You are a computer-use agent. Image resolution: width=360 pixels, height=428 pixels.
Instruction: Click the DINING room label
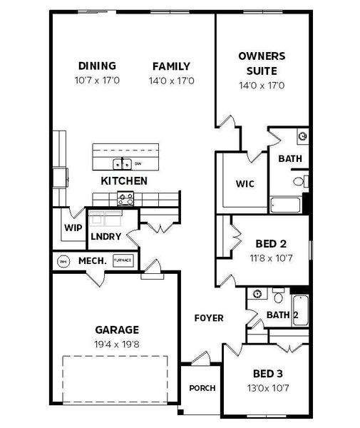[x=97, y=66]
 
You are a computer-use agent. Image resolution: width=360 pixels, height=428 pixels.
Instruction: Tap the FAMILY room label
[x=171, y=66]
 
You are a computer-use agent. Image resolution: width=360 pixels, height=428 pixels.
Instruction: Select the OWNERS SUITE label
[x=262, y=63]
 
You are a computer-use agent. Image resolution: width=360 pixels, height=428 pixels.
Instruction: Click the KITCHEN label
[x=124, y=181]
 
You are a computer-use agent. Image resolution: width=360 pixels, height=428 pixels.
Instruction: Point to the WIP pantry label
[x=73, y=228]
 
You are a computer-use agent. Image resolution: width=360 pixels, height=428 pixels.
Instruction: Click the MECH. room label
[x=92, y=261]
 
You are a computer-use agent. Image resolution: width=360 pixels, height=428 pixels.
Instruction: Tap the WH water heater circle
[x=63, y=261]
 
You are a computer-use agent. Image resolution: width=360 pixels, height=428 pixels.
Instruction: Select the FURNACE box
[x=123, y=261]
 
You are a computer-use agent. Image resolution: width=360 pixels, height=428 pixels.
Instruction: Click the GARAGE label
[x=117, y=330]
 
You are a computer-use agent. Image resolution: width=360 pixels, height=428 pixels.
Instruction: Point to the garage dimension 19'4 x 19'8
[x=117, y=343]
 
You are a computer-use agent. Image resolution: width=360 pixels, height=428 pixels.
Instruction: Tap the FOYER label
[x=209, y=318]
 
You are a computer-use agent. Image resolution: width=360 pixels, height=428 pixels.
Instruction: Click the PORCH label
[x=202, y=388]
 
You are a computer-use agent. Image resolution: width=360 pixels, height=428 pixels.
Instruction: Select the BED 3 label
[x=269, y=373]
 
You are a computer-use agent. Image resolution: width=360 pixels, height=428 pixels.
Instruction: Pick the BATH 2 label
[x=282, y=315]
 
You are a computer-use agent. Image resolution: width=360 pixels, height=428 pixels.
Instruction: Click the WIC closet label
[x=245, y=183]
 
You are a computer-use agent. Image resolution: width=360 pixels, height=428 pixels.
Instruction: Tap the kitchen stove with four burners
[x=126, y=199]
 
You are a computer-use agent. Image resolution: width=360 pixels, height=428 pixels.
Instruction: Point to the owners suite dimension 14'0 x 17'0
[x=262, y=86]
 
